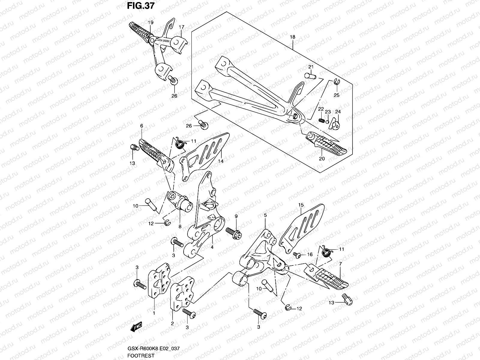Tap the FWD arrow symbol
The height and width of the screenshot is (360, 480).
click(x=136, y=327)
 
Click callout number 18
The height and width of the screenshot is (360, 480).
click(x=292, y=37)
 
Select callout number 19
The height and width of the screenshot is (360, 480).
click(x=150, y=22)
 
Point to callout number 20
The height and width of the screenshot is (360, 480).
click(x=322, y=159)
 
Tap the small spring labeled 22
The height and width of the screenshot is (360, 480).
click(x=321, y=120)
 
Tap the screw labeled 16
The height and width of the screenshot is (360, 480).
click(x=298, y=255)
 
